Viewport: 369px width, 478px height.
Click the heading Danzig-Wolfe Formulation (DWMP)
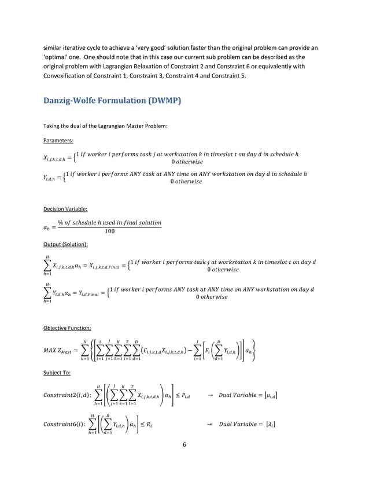(x=112, y=101)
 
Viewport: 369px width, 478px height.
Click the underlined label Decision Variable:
(x=65, y=208)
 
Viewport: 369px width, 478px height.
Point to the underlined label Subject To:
(x=57, y=373)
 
